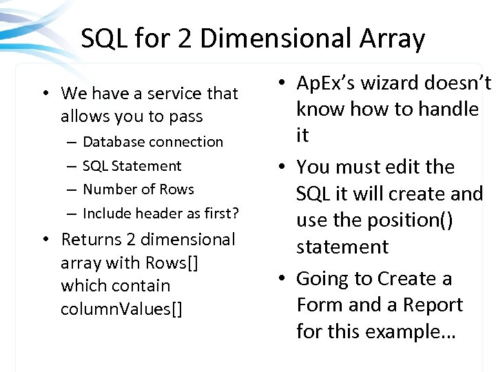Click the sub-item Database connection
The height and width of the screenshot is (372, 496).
(153, 142)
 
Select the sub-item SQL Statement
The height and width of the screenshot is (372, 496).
(132, 165)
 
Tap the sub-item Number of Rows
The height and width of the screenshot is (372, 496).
(138, 189)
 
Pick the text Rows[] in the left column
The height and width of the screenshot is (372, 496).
(172, 262)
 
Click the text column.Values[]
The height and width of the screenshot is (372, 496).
(122, 309)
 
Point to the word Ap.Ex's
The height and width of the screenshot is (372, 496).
(329, 83)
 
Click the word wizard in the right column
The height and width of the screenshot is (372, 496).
(393, 83)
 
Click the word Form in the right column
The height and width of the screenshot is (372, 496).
(316, 304)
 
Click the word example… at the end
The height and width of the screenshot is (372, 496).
(409, 331)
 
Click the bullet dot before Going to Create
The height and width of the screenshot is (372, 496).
(282, 279)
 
